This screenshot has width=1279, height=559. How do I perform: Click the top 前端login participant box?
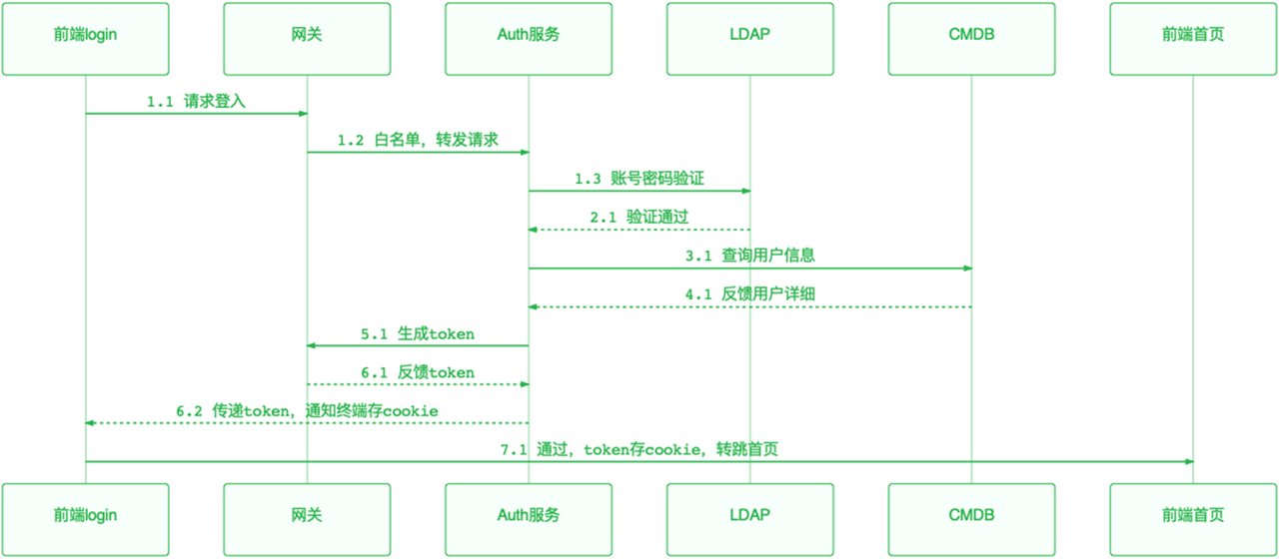(85, 38)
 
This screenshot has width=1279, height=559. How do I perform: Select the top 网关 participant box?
(307, 38)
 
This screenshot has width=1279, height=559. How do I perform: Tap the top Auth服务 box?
(529, 38)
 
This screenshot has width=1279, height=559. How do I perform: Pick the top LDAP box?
(749, 38)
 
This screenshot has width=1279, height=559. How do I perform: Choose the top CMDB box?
(971, 38)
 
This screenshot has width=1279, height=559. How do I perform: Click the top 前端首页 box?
(1192, 38)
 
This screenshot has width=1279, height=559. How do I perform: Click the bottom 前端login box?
(85, 515)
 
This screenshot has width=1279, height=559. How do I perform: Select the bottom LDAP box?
(749, 515)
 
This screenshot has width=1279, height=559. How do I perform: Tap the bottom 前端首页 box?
(1192, 515)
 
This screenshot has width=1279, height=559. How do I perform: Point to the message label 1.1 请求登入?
(196, 102)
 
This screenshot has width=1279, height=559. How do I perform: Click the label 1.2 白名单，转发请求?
(418, 141)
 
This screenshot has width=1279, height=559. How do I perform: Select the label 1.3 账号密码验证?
(639, 179)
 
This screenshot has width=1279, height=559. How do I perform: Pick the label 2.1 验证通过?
(639, 218)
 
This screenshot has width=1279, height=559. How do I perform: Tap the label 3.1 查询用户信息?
(749, 256)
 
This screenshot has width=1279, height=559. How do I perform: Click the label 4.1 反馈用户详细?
(749, 294)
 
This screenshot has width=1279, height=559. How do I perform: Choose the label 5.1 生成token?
(418, 333)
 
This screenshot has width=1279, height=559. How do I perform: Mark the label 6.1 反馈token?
(418, 372)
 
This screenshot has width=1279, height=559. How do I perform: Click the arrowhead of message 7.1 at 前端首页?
(1188, 461)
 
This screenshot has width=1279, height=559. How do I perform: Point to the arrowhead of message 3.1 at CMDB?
(967, 268)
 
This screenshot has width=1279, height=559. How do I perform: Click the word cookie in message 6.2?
(412, 411)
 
